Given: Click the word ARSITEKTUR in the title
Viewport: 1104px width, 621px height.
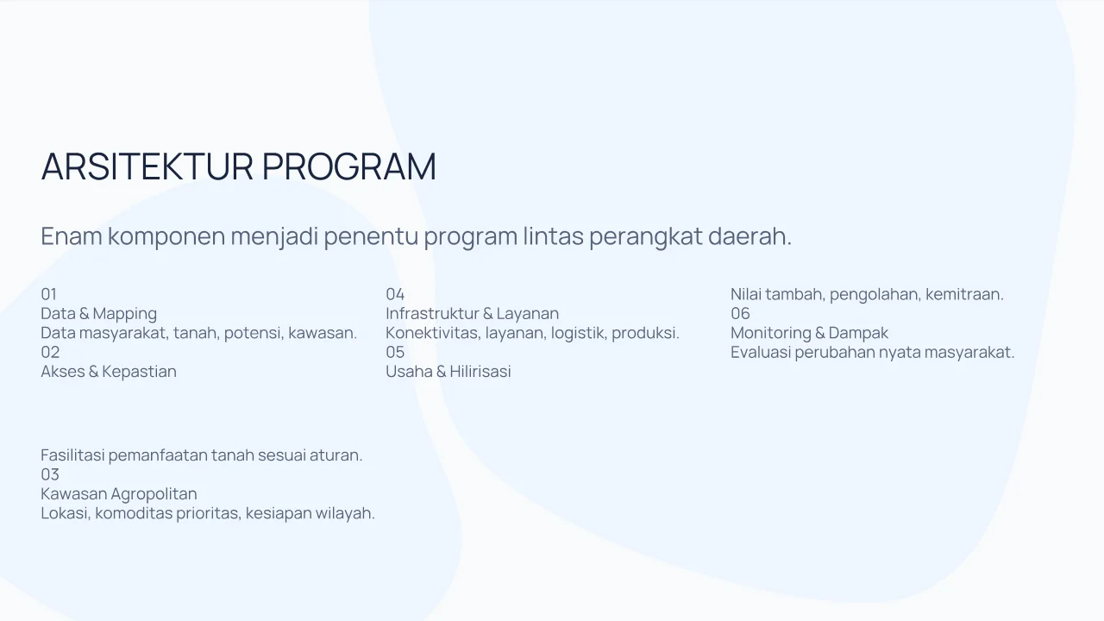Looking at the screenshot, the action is tap(147, 166).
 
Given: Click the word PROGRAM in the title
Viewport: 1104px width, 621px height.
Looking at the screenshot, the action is tap(349, 166).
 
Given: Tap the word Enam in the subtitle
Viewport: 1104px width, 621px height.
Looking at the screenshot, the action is tap(72, 235).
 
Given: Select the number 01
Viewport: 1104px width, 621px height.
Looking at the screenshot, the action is tap(49, 294).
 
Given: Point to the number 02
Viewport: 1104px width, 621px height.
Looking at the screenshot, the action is tap(50, 353).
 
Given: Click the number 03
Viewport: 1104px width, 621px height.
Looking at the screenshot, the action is tap(50, 474).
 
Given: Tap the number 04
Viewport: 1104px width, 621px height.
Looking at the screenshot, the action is tap(395, 294).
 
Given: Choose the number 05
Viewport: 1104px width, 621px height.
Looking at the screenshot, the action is tap(395, 353).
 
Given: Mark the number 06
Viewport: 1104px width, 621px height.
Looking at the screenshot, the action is tap(740, 313).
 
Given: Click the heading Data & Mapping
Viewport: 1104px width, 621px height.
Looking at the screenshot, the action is tap(99, 314).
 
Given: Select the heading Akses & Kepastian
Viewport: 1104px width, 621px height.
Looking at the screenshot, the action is tap(109, 372).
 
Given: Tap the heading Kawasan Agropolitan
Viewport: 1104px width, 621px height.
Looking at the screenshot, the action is tap(119, 494).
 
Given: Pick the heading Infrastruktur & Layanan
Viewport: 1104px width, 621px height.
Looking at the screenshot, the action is tap(472, 313).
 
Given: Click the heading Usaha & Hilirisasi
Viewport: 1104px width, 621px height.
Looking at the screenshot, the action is tap(448, 372).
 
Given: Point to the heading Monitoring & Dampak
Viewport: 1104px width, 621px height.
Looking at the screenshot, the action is tap(809, 333).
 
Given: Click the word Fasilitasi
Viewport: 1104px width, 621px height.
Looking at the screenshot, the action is tap(72, 455).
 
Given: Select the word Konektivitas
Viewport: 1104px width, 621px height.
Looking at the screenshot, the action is tap(431, 333).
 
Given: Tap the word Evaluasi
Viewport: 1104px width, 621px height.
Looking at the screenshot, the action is tap(761, 353).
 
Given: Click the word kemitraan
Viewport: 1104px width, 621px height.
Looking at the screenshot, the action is tap(964, 294).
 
